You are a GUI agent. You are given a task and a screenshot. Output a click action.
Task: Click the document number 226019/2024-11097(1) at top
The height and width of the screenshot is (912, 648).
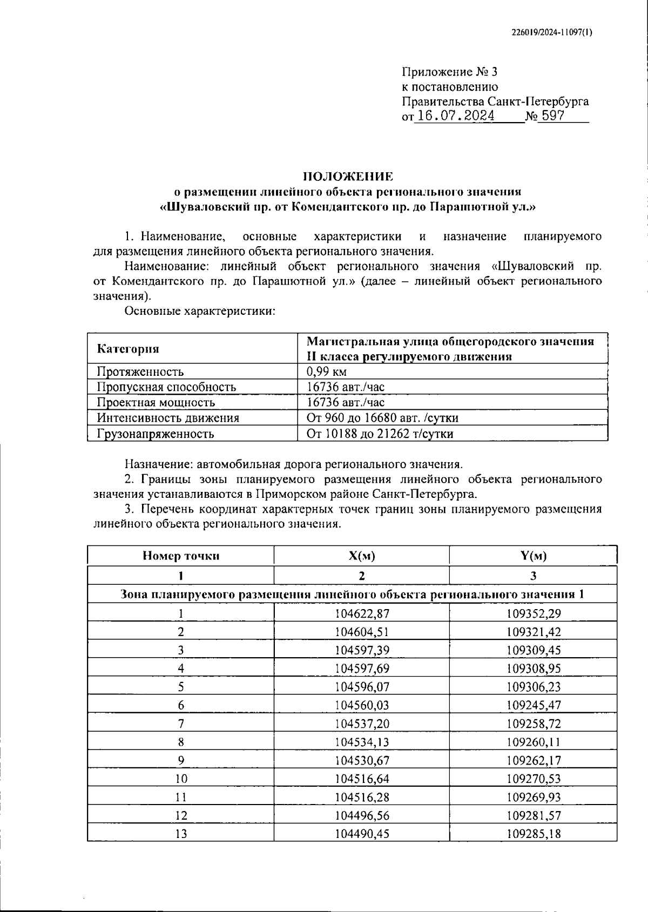pyautogui.click(x=551, y=32)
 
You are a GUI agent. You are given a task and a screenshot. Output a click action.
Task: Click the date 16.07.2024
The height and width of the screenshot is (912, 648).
pyautogui.click(x=456, y=116)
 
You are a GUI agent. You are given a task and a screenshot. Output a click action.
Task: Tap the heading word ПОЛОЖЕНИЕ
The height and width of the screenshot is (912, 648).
pyautogui.click(x=348, y=176)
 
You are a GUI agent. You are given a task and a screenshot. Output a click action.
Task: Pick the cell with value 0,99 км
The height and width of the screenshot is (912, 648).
pyautogui.click(x=326, y=371)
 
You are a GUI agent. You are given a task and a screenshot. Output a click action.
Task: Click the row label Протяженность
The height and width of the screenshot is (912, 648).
pyautogui.click(x=140, y=371)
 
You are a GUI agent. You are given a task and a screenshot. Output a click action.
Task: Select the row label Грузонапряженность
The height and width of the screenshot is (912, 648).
pyautogui.click(x=156, y=434)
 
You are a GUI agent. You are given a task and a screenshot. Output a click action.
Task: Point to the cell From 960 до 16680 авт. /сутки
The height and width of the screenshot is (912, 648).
pyautogui.click(x=382, y=418)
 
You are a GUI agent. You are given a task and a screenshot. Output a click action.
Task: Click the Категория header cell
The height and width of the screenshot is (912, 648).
pyautogui.click(x=128, y=349)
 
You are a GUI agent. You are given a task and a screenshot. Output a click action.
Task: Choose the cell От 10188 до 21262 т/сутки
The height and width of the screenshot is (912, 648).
pyautogui.click(x=380, y=434)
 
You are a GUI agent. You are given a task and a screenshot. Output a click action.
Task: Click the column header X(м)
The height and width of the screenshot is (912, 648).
pyautogui.click(x=361, y=556)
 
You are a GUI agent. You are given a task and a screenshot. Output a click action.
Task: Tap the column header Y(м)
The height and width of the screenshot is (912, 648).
pyautogui.click(x=533, y=556)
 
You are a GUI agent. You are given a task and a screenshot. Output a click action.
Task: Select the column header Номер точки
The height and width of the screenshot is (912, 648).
pyautogui.click(x=181, y=556)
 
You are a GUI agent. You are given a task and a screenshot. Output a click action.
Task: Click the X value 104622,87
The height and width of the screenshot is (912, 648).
pyautogui.click(x=362, y=613)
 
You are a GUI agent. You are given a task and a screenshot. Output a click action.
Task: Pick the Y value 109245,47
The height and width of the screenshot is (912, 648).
pyautogui.click(x=534, y=705)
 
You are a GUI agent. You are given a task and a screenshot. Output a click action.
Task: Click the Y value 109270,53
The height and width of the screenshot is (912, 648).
pyautogui.click(x=534, y=779)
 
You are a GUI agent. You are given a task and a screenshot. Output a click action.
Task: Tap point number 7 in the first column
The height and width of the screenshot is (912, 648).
pyautogui.click(x=181, y=724)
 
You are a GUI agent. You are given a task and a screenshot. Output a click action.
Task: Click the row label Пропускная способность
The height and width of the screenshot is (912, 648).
pyautogui.click(x=166, y=387)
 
